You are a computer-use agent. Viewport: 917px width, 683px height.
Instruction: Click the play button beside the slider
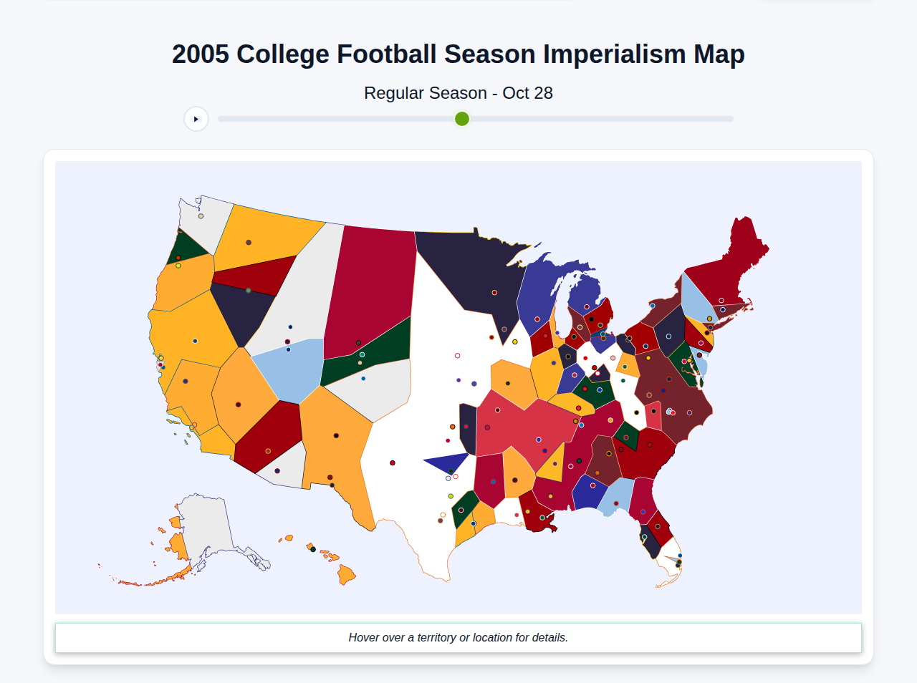[196, 119]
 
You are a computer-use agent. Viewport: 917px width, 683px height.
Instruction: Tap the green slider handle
[462, 119]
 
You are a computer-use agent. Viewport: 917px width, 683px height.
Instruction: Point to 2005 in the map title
[201, 54]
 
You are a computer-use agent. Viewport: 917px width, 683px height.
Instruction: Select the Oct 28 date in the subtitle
[527, 93]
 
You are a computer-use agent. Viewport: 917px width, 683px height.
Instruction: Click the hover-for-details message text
[458, 637]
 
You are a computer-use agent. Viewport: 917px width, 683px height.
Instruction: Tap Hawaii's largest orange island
[346, 574]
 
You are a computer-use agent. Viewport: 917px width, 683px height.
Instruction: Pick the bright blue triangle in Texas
[448, 462]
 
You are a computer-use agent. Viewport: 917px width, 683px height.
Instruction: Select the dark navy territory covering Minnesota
[473, 272]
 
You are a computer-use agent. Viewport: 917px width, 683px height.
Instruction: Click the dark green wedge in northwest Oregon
[188, 248]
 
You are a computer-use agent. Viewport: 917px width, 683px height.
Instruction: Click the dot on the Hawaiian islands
[312, 549]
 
